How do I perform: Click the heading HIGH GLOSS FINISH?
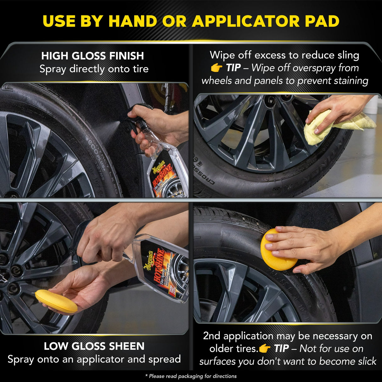[x=93, y=56]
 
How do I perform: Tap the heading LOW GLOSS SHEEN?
[x=94, y=346]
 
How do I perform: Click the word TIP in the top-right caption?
[x=233, y=68]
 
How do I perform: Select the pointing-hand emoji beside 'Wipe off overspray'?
[x=216, y=68]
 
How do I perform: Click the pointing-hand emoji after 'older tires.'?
[x=264, y=349]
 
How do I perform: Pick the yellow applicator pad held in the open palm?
[x=56, y=301]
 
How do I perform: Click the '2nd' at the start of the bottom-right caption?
[x=211, y=336]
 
